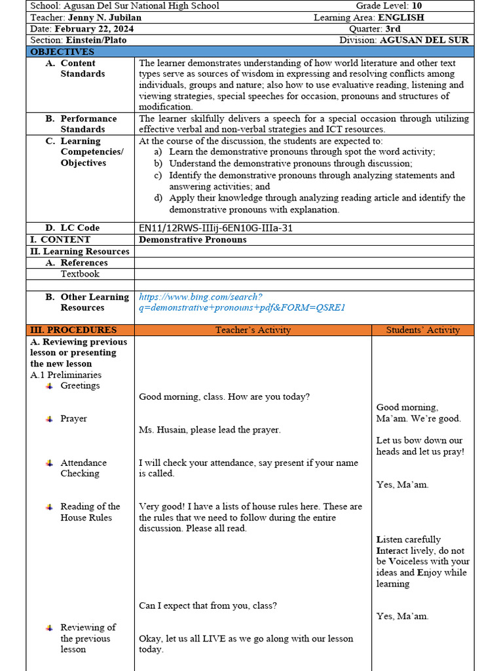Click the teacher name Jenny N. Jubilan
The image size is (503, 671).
[x=106, y=18]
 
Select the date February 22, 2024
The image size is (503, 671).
[x=93, y=29]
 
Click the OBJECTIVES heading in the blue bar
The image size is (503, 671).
[x=62, y=52]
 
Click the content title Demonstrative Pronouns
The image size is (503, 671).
[x=193, y=239]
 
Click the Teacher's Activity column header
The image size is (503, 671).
[x=253, y=330]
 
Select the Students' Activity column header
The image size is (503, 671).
[x=422, y=330]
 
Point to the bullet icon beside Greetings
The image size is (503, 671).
[x=49, y=386]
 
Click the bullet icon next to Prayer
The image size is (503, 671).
[x=49, y=419]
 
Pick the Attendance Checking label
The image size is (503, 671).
[x=83, y=468]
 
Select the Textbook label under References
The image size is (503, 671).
[x=80, y=274]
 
